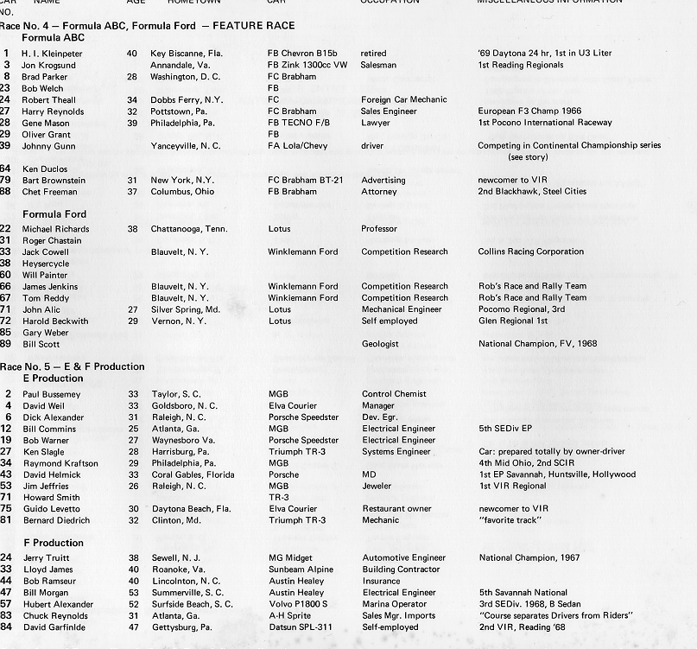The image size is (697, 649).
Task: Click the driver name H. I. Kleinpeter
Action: point(52,54)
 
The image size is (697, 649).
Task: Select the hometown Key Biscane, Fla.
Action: point(186,54)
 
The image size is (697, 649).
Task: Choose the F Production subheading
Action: point(53,543)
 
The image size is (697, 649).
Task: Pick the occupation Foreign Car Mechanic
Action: point(403,99)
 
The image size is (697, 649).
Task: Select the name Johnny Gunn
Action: point(48,146)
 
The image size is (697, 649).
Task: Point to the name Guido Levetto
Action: point(52,509)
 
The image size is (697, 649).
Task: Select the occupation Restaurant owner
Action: point(396,509)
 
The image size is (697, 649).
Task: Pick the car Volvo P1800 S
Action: point(298,603)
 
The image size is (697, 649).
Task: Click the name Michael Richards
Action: point(55,229)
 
